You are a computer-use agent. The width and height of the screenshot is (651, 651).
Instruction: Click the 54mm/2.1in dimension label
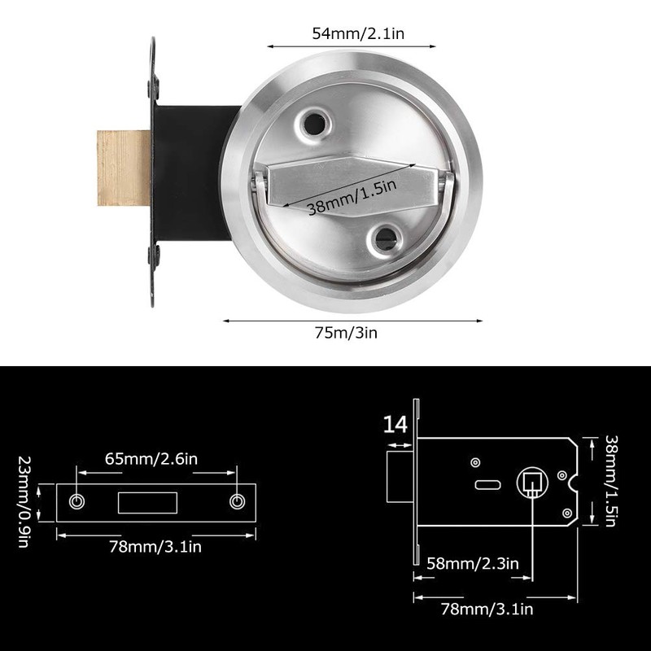pos(350,34)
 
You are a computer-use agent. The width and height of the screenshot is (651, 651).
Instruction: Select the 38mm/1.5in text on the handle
pos(352,199)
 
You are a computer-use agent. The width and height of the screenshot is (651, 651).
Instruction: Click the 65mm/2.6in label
pos(150,458)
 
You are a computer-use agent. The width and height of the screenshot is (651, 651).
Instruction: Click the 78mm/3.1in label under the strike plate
pos(154,546)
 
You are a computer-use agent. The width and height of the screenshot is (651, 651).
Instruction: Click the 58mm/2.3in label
pos(474,562)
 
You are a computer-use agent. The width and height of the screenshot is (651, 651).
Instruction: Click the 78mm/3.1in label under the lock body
pos(487,608)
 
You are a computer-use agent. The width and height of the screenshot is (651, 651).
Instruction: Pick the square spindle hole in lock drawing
pos(531,483)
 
